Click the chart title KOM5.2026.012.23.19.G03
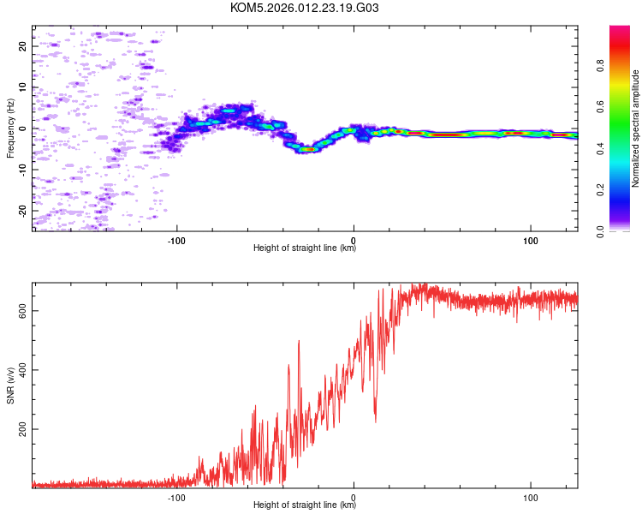[x=305, y=9]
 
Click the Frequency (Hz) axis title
[x=10, y=128]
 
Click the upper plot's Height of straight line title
[x=305, y=248]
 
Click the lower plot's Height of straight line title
[x=305, y=505]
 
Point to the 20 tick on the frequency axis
[x=23, y=46]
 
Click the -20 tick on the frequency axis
[x=23, y=210]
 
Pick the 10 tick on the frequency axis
[x=23, y=87]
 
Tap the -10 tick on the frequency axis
[x=23, y=169]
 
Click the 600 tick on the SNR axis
[x=23, y=312]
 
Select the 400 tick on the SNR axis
[x=23, y=370]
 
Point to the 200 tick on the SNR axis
[x=23, y=428]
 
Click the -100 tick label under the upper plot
[x=177, y=239]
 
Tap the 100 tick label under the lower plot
[x=531, y=496]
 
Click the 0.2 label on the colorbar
[x=602, y=189]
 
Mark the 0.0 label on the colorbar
[x=602, y=230]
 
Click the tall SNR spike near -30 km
[x=298, y=342]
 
